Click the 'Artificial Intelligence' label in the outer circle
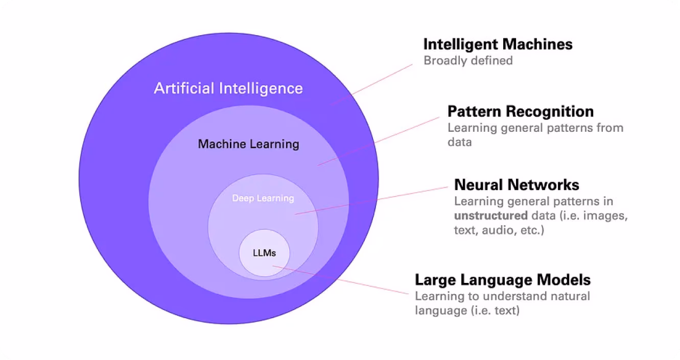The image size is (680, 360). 228,89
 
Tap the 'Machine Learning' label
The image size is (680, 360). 249,144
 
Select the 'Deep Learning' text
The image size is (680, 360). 263,198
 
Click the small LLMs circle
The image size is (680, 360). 265,253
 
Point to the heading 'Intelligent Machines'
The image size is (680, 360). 498,44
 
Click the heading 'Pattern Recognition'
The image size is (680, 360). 521,111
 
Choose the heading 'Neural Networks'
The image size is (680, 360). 517,185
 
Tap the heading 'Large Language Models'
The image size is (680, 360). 503,280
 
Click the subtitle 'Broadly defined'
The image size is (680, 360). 468,61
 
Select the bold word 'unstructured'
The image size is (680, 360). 491,216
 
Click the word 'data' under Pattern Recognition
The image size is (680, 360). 460,142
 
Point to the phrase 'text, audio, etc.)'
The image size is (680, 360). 499,230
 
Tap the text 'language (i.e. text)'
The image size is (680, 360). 467,310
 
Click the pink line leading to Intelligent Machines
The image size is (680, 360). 371,85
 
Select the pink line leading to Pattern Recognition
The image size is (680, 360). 378,141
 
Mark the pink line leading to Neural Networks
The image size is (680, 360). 371,201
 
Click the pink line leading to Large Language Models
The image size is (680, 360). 341,280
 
